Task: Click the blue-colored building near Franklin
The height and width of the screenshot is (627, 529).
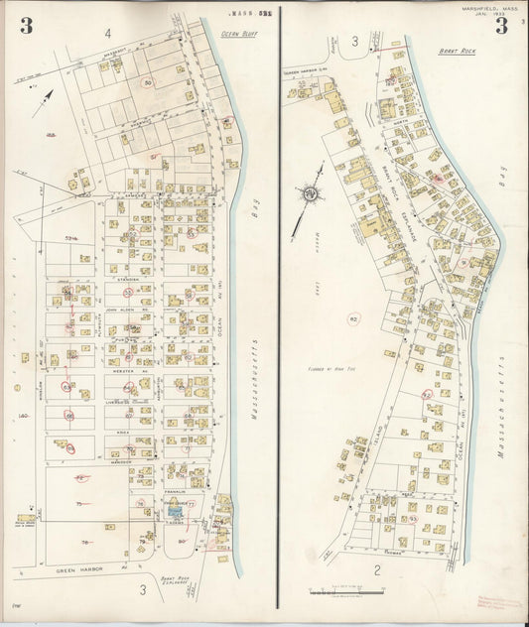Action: click(176, 512)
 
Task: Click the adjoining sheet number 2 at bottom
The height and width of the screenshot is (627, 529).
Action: click(378, 569)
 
